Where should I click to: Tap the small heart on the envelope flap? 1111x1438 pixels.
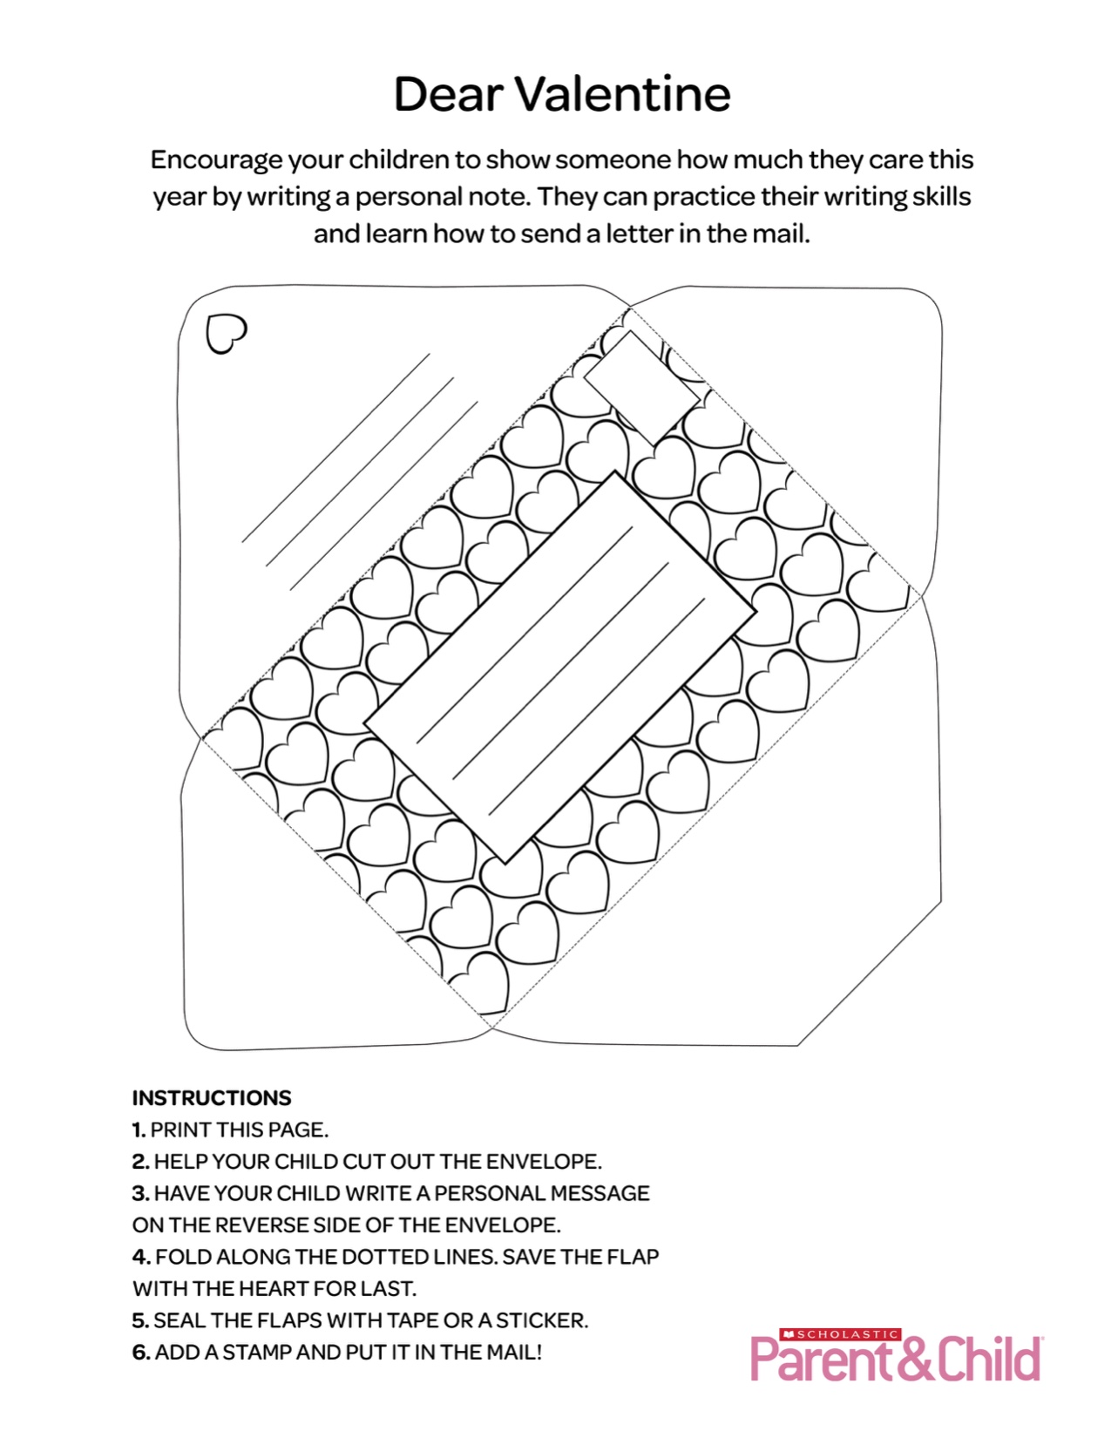coord(226,333)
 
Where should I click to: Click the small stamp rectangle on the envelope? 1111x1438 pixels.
coord(641,387)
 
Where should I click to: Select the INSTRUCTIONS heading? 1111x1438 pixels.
coord(212,1097)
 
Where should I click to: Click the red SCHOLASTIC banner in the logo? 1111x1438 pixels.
coord(840,1334)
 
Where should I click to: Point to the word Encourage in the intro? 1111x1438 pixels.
coord(217,160)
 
